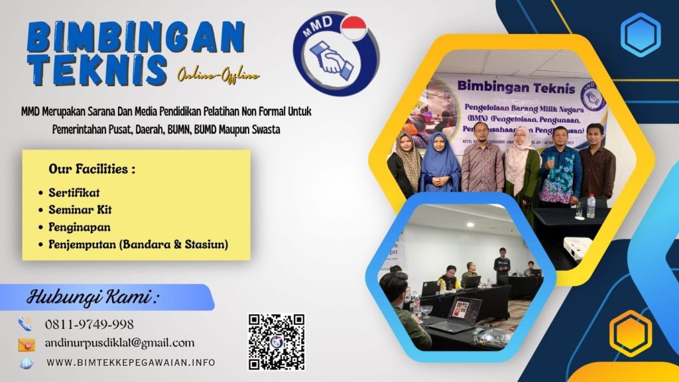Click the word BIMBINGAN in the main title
(136, 38)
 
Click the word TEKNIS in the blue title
(97, 70)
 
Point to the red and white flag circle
(353, 29)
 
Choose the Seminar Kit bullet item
(80, 210)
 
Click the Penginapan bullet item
(79, 227)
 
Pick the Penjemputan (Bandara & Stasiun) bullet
(138, 245)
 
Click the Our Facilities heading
(92, 168)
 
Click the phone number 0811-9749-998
(89, 324)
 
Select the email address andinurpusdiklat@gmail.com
(119, 343)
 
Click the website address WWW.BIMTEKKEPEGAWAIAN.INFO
(131, 363)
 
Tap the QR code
(277, 342)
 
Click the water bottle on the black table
(590, 206)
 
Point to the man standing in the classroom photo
(502, 266)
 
